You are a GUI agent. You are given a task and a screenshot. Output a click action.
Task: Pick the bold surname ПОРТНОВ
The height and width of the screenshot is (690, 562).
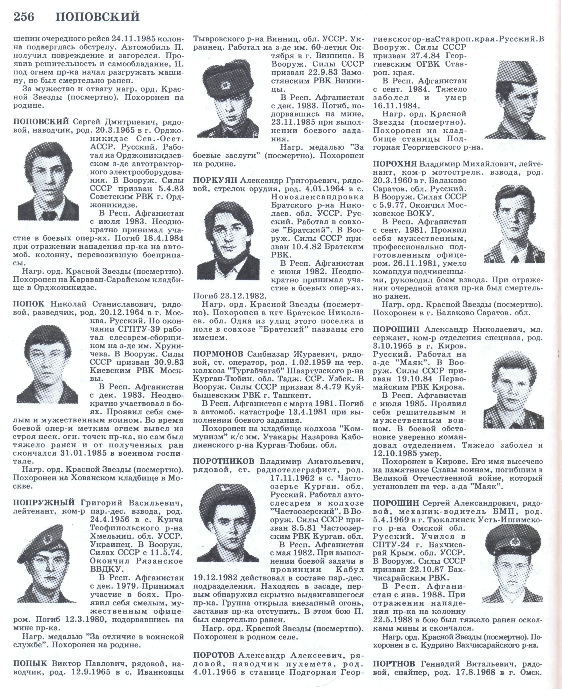395,663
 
